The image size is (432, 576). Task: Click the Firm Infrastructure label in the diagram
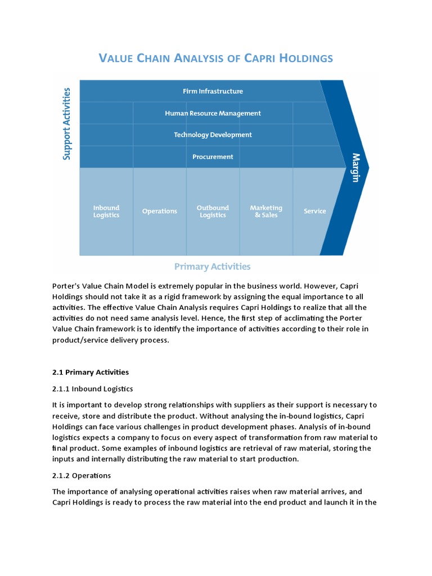213,91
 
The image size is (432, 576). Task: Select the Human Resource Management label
213,113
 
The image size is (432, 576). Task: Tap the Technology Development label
213,135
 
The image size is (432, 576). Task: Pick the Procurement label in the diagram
213,157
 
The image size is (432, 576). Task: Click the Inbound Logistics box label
106,211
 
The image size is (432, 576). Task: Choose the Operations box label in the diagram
160,211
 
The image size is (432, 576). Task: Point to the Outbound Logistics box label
213,211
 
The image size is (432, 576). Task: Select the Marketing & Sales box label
266,211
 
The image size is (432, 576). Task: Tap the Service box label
314,211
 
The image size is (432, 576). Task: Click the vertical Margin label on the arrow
356,167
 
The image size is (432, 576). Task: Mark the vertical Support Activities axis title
67,124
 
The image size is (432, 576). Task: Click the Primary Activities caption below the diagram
213,267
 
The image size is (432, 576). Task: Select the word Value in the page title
116,58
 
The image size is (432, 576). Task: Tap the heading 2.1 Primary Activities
91,372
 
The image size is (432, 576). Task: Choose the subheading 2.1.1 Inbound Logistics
93,389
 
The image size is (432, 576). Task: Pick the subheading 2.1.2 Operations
82,476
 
